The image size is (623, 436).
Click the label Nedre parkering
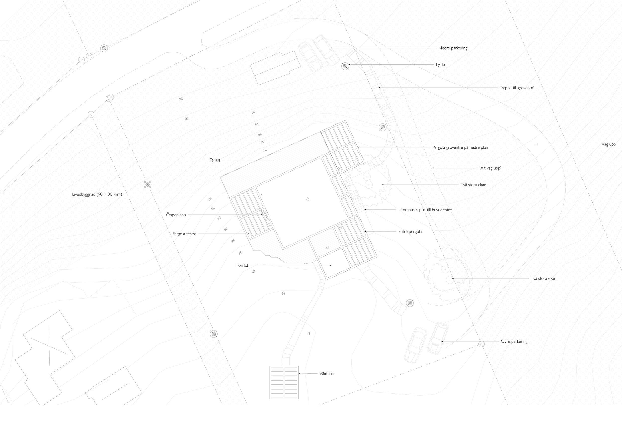(453, 48)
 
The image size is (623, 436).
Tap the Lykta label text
(440, 65)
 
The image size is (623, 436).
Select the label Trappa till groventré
(517, 88)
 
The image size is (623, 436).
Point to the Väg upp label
(608, 144)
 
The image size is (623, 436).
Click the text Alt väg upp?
(491, 168)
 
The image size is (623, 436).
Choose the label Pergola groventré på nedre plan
(460, 147)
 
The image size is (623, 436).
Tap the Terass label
(215, 160)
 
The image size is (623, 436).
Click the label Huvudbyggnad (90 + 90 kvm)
(95, 194)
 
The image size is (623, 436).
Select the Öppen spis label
(176, 215)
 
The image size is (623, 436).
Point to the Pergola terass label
(184, 234)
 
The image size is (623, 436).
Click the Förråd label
(242, 265)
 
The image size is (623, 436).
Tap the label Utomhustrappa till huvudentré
(425, 210)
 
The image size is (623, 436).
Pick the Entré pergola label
(410, 232)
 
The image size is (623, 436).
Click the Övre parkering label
(514, 341)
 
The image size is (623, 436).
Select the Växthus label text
(326, 374)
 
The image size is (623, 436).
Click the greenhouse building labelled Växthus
(284, 382)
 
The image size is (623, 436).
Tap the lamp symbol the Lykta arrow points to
(345, 66)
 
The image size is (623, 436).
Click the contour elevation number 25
(181, 99)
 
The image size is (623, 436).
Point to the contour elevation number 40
(309, 334)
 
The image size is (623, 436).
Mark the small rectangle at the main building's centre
(308, 199)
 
